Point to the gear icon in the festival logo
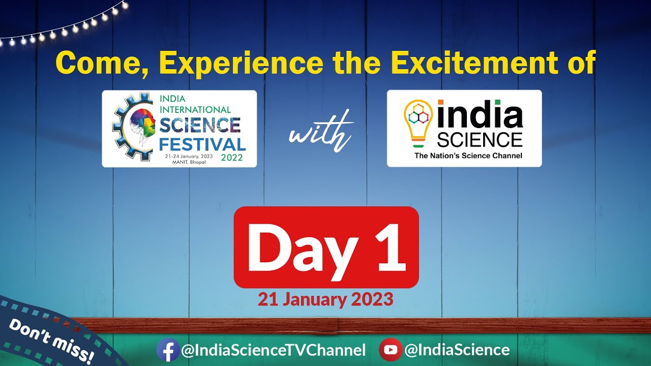tap(122, 127)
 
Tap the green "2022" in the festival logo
tap(232, 158)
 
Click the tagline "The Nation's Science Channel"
tap(468, 156)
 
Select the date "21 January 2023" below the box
tap(325, 299)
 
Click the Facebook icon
tap(167, 350)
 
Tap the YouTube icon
tap(390, 350)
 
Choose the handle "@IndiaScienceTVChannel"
tap(273, 350)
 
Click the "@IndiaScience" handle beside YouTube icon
tap(456, 350)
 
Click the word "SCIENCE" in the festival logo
tap(200, 125)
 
